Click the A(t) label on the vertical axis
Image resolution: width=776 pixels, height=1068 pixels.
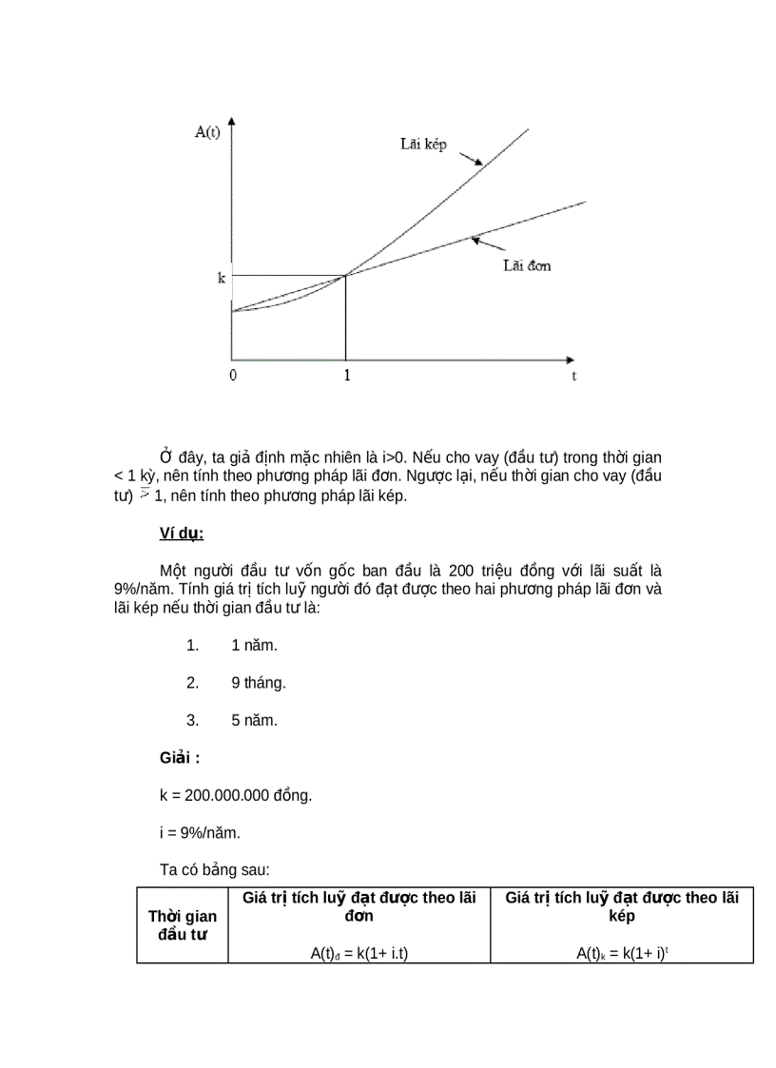tap(207, 132)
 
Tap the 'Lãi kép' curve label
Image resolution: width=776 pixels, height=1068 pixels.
tap(422, 145)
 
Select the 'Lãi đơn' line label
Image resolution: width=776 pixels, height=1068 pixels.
tap(527, 265)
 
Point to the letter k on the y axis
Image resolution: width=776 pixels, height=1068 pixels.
tap(221, 280)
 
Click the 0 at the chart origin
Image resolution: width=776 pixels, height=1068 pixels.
tap(233, 376)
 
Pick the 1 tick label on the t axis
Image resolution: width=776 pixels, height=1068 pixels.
tap(346, 376)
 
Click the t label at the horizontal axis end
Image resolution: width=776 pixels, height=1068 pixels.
tap(574, 377)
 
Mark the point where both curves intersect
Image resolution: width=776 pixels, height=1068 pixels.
tap(345, 275)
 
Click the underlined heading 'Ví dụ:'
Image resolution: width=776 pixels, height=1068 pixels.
tap(182, 534)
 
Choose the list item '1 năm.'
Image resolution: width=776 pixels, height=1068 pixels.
tap(254, 646)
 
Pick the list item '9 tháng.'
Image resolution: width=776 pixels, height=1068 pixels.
tap(258, 683)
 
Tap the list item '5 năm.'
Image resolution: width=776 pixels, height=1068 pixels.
tap(254, 720)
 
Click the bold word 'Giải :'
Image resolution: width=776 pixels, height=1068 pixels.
tap(180, 758)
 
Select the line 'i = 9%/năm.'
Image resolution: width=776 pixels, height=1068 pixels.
tap(200, 833)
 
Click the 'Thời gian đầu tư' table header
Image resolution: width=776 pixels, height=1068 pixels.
tap(183, 924)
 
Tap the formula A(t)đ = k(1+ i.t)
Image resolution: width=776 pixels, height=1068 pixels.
tap(359, 953)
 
